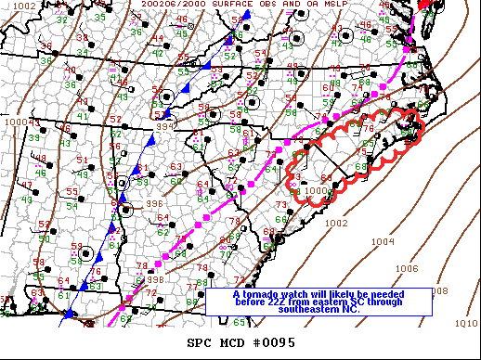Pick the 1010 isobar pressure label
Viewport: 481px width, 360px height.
pos(466,323)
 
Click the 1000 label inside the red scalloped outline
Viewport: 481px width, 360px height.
pos(318,190)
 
